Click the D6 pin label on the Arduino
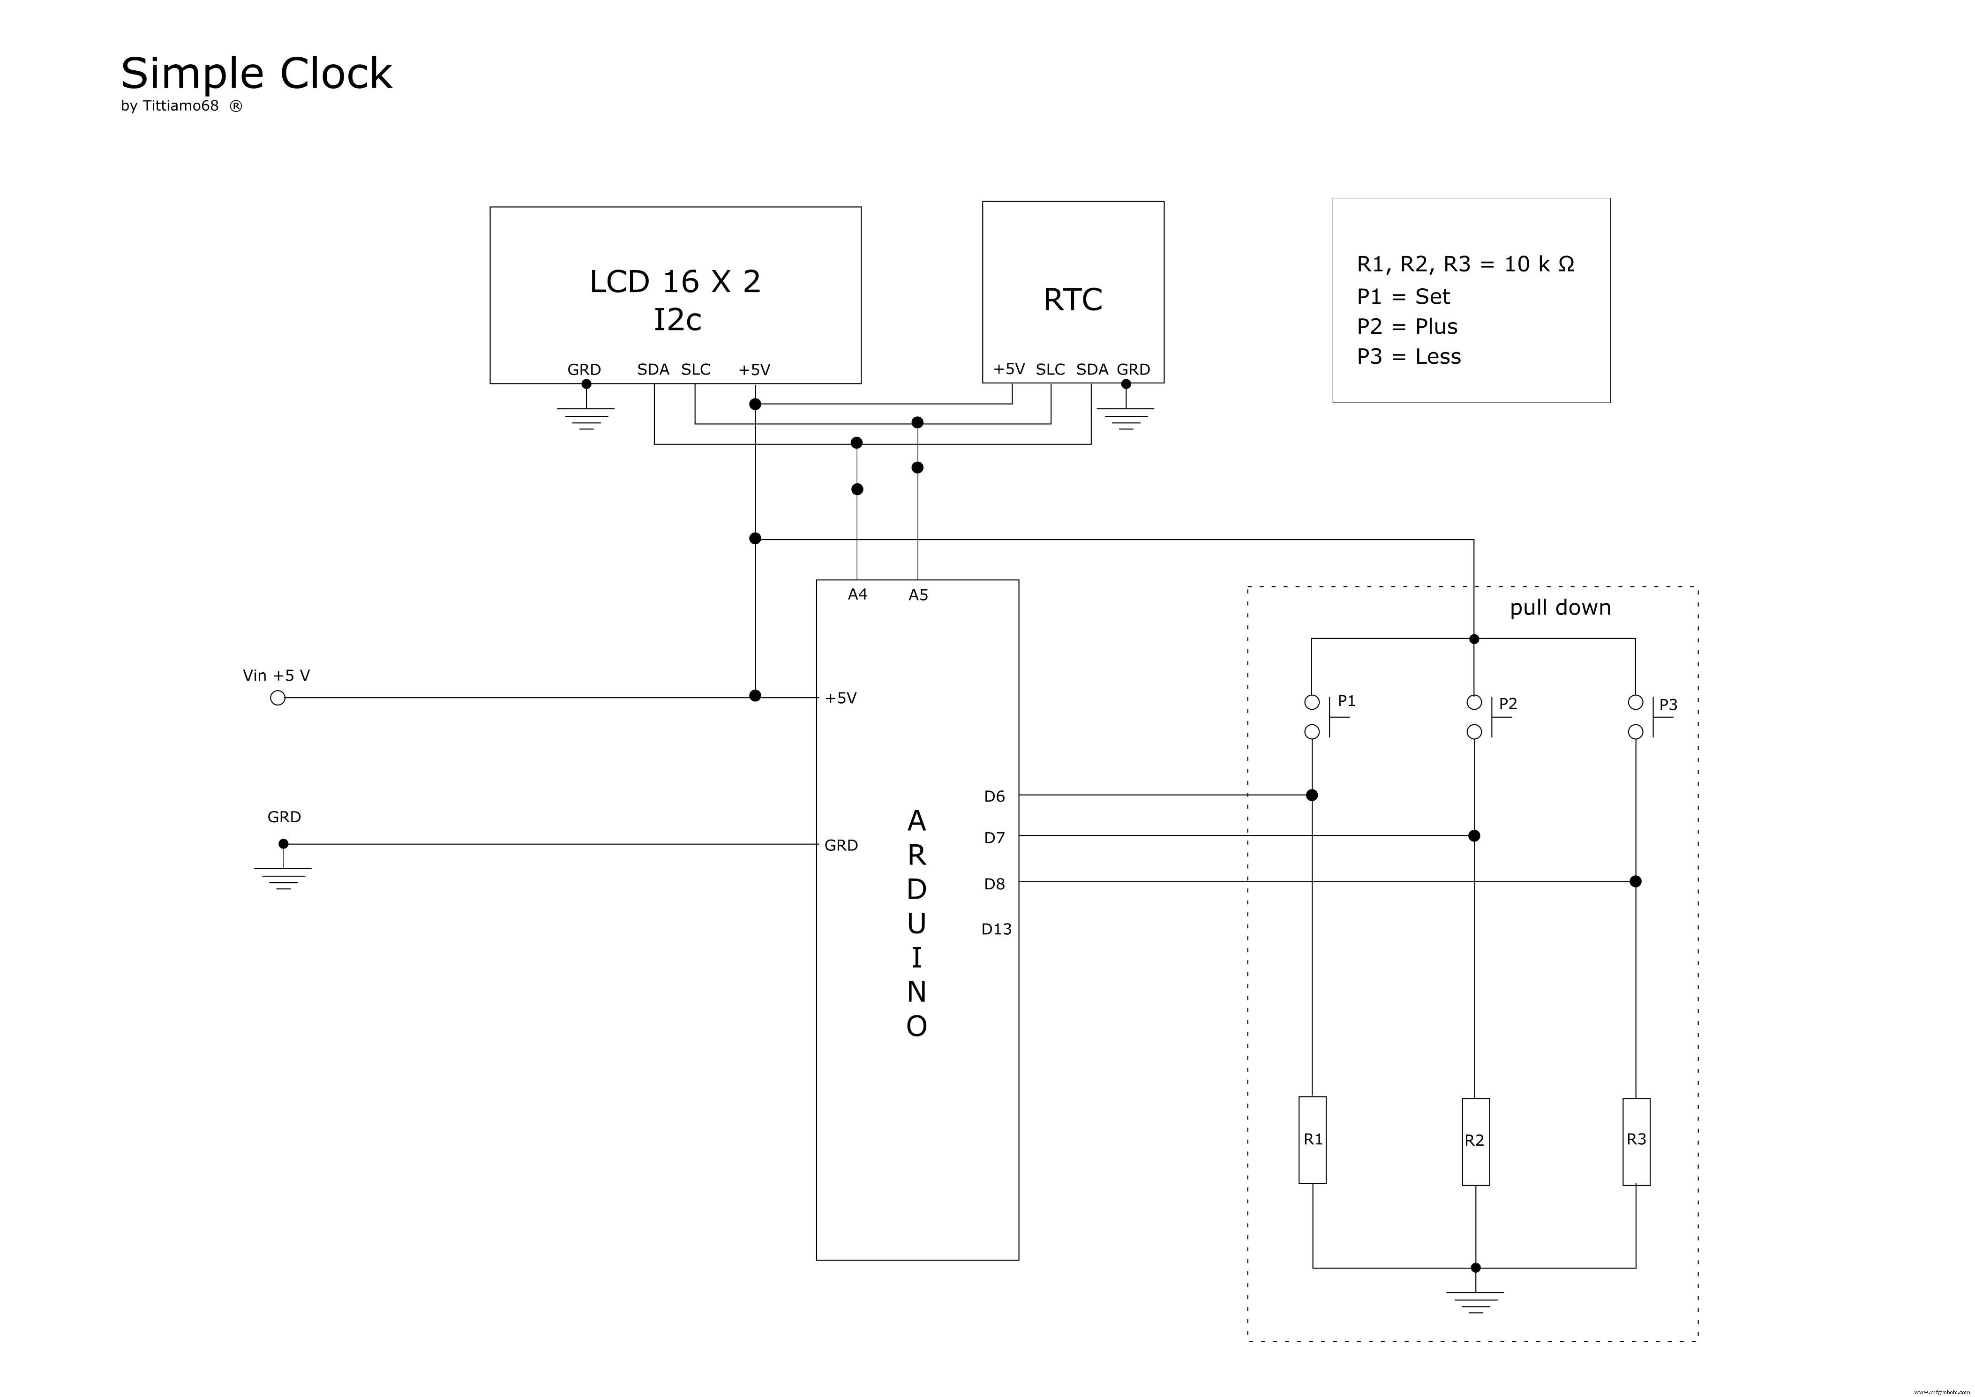[994, 796]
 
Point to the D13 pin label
[996, 929]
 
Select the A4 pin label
[857, 594]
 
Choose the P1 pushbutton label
[1346, 701]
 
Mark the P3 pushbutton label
[1668, 705]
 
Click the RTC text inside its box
[1073, 300]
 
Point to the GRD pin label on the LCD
[584, 370]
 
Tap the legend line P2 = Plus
[1407, 327]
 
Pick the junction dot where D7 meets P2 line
[1474, 835]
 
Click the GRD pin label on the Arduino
[841, 846]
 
